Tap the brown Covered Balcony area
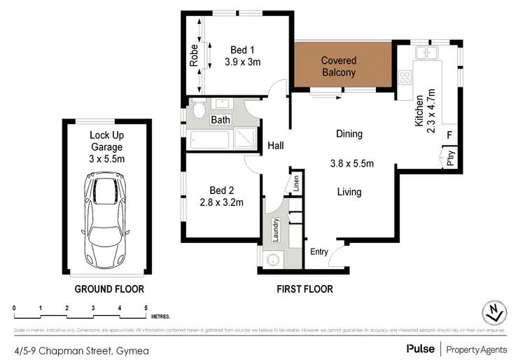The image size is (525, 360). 339,67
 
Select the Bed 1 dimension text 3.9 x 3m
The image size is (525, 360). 242,62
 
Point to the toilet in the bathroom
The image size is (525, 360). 197,110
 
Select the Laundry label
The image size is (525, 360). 276,229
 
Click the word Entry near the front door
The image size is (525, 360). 318,252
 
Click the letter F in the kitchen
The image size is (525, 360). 449,134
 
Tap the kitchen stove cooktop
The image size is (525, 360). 404,76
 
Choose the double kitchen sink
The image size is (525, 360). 425,53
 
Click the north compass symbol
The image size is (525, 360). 495,312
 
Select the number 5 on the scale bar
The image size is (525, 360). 146,308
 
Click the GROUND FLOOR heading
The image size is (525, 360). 109,289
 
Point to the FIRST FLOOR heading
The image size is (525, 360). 304,289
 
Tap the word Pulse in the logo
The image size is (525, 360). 420,348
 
